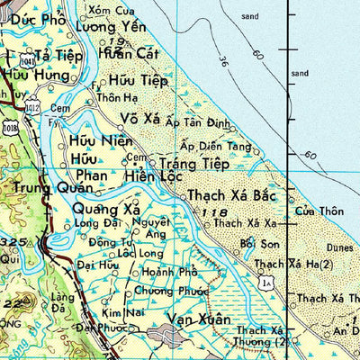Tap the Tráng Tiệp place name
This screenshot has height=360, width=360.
pyautogui.click(x=194, y=164)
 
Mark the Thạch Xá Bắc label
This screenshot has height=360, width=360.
pyautogui.click(x=229, y=195)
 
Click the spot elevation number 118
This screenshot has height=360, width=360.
pyautogui.click(x=214, y=211)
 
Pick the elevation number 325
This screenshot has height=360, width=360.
pyautogui.click(x=13, y=243)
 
